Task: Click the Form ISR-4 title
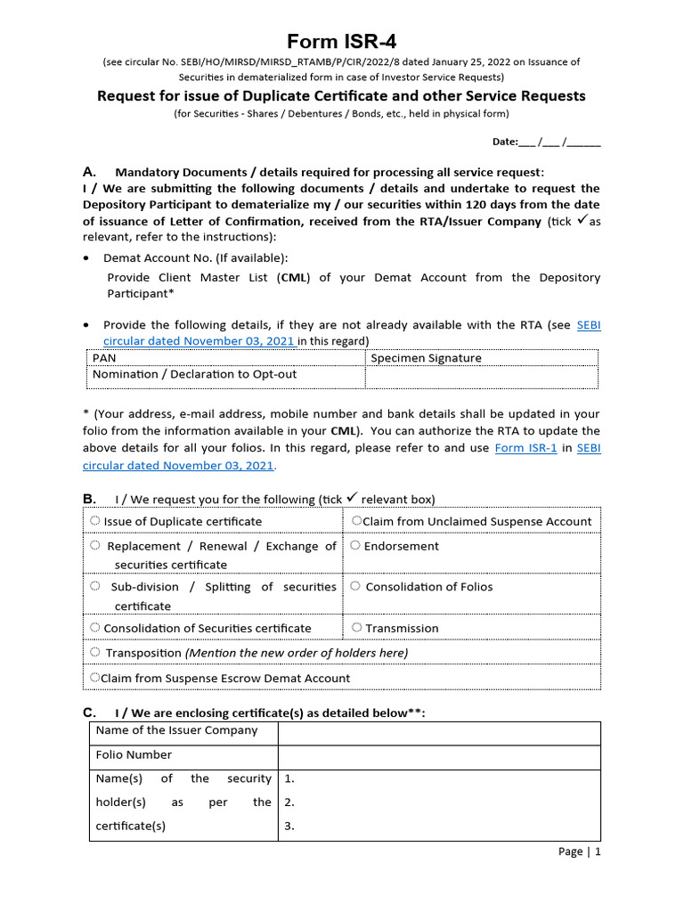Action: [x=341, y=42]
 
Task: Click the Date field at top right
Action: [x=546, y=142]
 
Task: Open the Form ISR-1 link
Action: [x=525, y=448]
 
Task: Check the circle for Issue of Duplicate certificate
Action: [x=95, y=521]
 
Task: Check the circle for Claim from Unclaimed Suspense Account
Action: [x=356, y=521]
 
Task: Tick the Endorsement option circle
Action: [x=355, y=546]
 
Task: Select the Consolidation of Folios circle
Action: [x=355, y=586]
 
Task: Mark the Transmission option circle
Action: [x=357, y=628]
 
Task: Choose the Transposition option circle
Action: [x=95, y=653]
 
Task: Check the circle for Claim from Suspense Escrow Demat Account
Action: [x=94, y=678]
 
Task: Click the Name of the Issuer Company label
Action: [x=176, y=730]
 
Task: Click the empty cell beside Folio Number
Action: [x=439, y=755]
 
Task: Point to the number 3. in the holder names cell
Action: [x=289, y=826]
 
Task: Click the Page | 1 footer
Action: [x=579, y=851]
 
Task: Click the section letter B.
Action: [x=88, y=498]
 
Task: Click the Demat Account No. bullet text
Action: [x=195, y=257]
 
